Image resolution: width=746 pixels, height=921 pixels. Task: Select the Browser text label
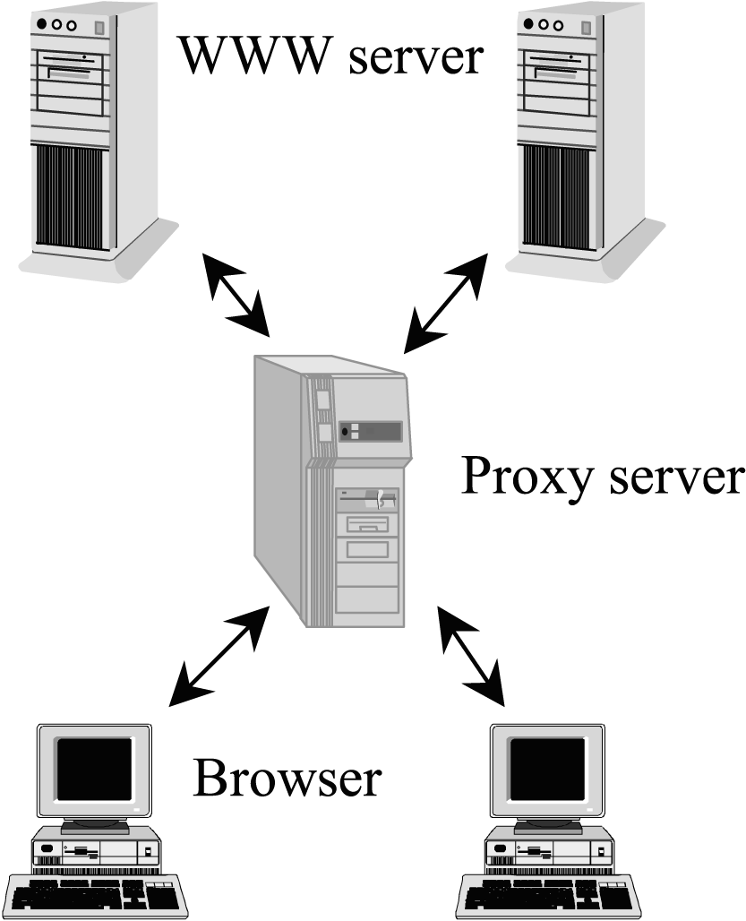tap(287, 779)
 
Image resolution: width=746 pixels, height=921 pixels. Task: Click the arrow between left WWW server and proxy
tap(236, 296)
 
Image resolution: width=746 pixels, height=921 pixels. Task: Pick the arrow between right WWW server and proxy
tap(445, 304)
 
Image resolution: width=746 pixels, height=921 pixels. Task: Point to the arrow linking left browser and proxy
tap(219, 656)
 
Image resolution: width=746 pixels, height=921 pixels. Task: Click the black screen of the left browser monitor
tap(94, 769)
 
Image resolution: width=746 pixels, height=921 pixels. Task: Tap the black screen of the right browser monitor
tap(547, 769)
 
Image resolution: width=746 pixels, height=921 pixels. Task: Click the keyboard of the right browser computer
tap(549, 897)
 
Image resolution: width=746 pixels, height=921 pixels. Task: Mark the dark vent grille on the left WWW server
tap(73, 197)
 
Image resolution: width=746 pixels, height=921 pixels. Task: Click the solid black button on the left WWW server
tap(41, 25)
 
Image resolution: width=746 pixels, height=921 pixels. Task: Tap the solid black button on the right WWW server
tap(528, 24)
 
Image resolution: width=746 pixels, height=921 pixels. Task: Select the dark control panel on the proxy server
tap(371, 432)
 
